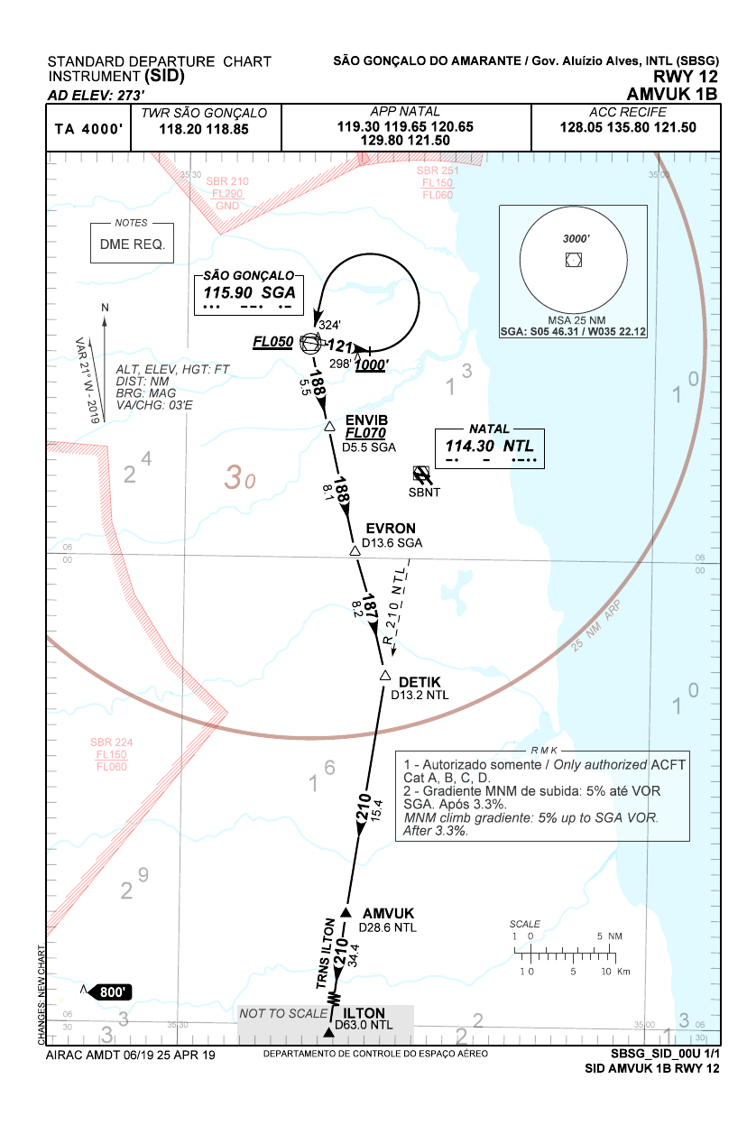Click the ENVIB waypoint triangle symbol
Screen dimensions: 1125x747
[330, 425]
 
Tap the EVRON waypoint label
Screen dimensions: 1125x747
[391, 529]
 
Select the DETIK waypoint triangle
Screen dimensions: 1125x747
[384, 676]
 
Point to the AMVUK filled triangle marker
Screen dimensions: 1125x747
[344, 913]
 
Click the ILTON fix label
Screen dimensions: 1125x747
[364, 1012]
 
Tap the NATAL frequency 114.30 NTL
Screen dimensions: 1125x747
[489, 446]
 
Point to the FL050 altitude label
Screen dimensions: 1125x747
[272, 342]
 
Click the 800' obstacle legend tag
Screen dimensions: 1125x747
[112, 992]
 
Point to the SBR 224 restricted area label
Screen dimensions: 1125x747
[112, 742]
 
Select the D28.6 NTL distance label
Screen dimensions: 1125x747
[388, 927]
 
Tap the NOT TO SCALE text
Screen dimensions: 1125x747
[282, 1014]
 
